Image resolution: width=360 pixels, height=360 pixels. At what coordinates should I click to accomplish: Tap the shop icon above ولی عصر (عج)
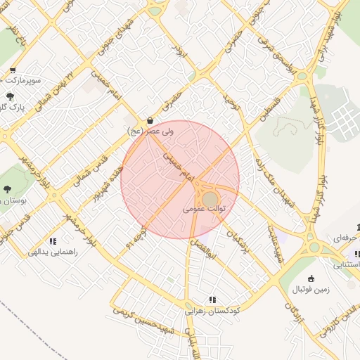point(152,120)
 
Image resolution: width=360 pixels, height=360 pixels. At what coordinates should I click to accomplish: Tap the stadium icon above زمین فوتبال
point(312,278)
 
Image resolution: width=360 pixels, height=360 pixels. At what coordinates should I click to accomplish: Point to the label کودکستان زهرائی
point(213,310)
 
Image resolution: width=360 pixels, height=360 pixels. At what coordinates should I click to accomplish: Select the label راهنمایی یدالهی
point(53,251)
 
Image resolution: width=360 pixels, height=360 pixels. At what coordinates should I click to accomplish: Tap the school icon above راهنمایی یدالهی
point(53,241)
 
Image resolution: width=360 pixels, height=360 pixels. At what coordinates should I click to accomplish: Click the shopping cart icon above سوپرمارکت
point(13,70)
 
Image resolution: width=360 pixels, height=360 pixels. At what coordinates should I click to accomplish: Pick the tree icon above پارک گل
point(10,96)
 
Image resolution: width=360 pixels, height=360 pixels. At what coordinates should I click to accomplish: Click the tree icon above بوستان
point(7,189)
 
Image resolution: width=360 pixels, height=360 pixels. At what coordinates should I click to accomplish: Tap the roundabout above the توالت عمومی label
point(210,199)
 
